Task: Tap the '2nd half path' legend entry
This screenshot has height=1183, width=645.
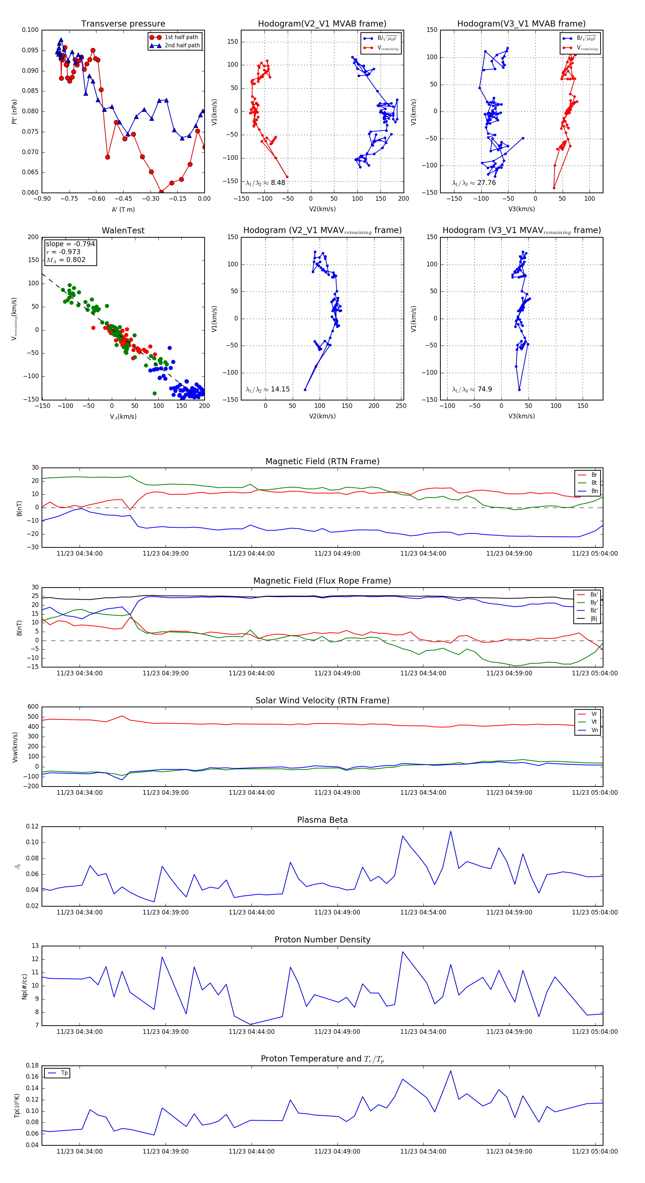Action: click(182, 46)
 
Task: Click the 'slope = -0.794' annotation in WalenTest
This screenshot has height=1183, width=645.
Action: click(70, 244)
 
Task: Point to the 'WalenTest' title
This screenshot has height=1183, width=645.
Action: click(123, 231)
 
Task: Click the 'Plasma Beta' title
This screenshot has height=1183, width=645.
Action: click(322, 820)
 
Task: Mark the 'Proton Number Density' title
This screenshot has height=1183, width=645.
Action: click(322, 940)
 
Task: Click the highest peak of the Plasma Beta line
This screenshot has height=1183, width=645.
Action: click(450, 831)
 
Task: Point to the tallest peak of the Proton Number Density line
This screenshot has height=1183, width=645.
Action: click(403, 951)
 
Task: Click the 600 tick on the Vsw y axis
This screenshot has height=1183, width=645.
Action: click(33, 707)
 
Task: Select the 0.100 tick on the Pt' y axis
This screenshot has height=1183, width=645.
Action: click(30, 30)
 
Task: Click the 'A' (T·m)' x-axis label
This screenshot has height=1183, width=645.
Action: click(123, 209)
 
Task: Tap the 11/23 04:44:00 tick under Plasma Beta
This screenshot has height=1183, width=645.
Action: click(252, 912)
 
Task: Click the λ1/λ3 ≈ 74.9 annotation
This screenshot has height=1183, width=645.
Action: click(472, 389)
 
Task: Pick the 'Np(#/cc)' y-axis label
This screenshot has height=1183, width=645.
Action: click(24, 987)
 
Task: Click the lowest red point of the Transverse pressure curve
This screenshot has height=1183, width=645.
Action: click(161, 192)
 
